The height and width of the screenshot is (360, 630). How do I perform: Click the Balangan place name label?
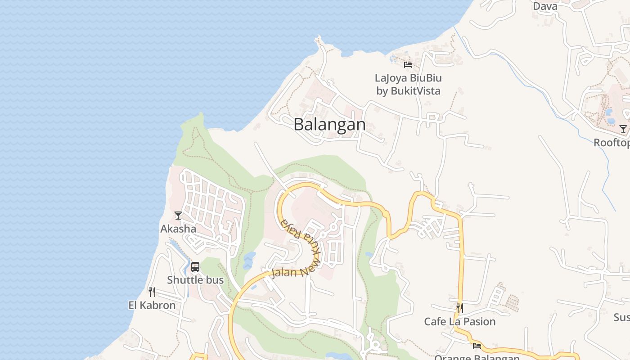click(329, 125)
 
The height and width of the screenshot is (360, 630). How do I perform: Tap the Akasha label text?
click(178, 229)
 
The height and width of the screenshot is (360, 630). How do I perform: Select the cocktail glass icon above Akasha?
click(178, 216)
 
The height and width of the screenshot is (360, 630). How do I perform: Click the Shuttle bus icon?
click(195, 266)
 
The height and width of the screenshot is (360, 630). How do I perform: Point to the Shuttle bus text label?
click(195, 280)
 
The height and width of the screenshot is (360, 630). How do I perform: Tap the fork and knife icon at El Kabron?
click(152, 292)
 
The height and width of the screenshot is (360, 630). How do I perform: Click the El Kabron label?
click(152, 305)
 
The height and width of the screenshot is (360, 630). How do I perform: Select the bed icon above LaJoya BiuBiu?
click(408, 65)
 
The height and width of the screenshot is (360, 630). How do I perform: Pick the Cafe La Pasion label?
click(460, 321)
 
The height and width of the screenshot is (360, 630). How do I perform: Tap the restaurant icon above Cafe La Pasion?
click(460, 308)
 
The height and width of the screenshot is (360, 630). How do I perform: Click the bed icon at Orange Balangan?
click(477, 346)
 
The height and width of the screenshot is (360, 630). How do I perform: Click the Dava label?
click(545, 6)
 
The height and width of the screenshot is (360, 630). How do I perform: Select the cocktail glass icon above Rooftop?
click(623, 130)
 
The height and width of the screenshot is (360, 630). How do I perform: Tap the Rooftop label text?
click(612, 143)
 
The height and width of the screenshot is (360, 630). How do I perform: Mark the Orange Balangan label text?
click(477, 358)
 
